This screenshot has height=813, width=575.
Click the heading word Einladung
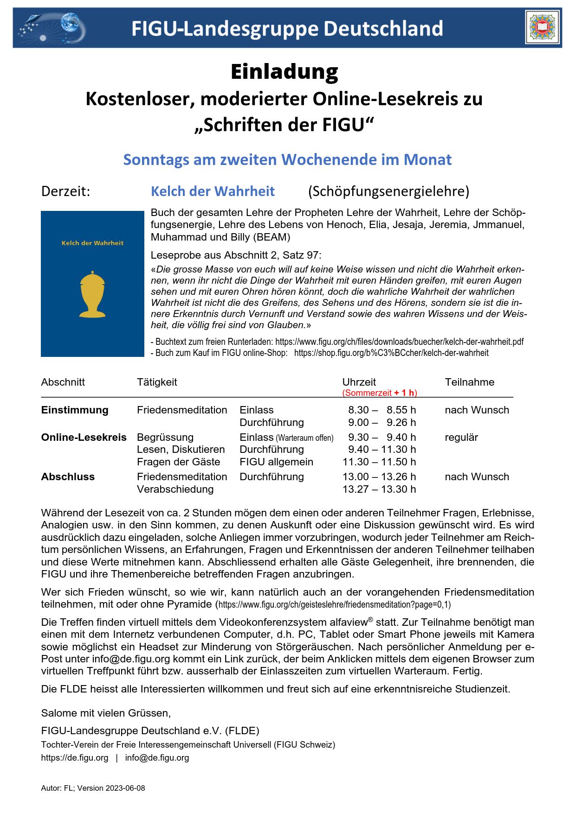pos(284,72)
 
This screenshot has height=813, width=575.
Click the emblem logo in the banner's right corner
pos(542,28)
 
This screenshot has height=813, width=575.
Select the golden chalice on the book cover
pos(92,294)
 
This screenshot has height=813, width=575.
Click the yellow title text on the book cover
pos(92,243)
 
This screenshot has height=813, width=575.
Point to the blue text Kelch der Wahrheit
pos(213,191)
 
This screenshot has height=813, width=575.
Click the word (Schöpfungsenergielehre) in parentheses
pos(388,191)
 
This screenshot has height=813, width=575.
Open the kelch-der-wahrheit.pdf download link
pos(399,342)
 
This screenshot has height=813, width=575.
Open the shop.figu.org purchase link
pos(391,353)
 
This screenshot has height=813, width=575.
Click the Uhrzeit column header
pos(359,382)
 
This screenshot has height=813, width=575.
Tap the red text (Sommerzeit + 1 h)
pos(380,393)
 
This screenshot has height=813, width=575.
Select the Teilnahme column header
pos(469,382)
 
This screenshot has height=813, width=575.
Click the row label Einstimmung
pos(75,410)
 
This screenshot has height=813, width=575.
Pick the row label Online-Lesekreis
pos(84,438)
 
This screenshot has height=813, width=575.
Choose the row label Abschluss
pos(68,477)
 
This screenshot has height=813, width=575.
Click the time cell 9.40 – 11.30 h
pos(381,450)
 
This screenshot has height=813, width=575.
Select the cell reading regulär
pos(461,438)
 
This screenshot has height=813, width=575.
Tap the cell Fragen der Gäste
pos(178,462)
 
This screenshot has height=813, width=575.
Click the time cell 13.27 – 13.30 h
pos(379,489)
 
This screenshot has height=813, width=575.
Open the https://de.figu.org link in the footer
pos(75,758)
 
